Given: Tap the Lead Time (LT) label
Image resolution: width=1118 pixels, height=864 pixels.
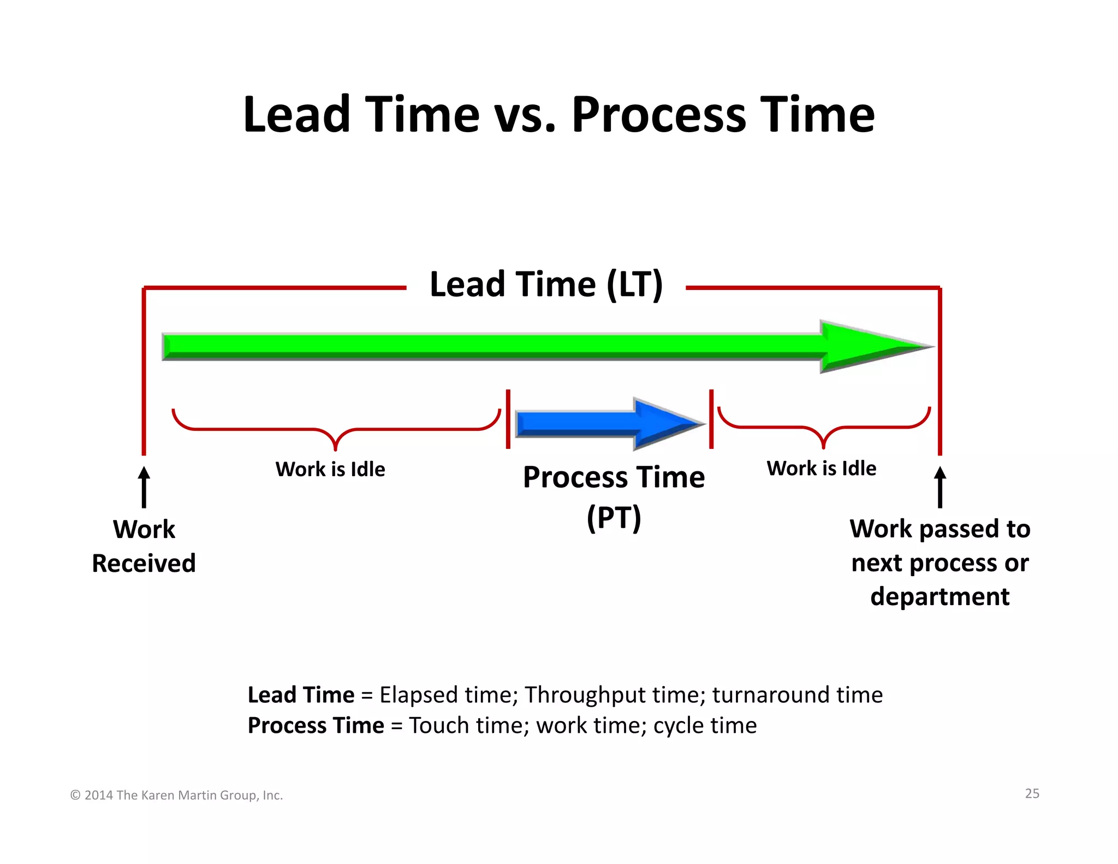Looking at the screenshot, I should click(x=546, y=285).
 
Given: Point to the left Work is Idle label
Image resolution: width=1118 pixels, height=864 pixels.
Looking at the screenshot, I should click(x=330, y=469).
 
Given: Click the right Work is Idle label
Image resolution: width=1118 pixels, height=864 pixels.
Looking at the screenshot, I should click(x=822, y=468).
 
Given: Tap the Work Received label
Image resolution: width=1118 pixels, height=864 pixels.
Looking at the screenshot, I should click(x=144, y=546).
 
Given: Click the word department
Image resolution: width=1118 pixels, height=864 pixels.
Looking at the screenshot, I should click(x=939, y=596).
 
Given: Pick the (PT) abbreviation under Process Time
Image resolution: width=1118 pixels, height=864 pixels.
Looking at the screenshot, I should click(x=614, y=517).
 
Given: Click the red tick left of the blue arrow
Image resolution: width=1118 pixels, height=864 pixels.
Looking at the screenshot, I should click(x=508, y=419).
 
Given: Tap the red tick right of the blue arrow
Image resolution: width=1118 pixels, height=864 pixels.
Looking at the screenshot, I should click(x=711, y=419).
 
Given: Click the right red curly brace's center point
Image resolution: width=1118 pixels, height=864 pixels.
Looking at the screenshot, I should click(x=824, y=445).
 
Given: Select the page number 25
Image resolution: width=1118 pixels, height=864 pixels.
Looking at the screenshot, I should click(x=1032, y=794).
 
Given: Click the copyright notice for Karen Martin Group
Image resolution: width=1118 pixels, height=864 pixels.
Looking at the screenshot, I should click(x=176, y=795).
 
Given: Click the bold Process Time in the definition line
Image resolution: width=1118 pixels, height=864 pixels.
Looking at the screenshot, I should click(x=316, y=726).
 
